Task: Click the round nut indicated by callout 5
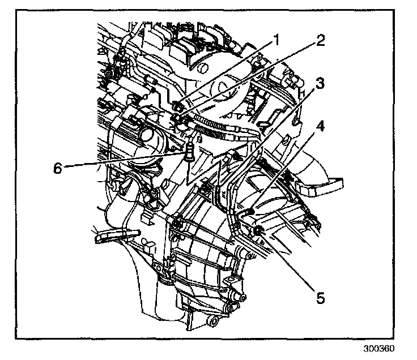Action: click(x=258, y=230)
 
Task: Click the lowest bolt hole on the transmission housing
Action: click(x=214, y=323)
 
